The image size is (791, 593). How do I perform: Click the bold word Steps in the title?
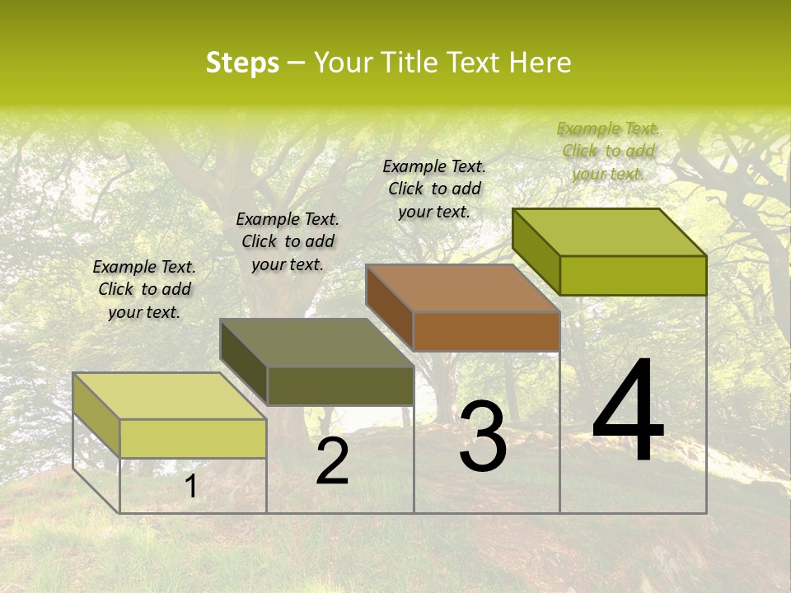242,63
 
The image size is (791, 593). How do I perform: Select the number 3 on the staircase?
483,437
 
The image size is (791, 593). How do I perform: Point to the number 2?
333,462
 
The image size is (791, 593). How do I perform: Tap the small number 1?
191,487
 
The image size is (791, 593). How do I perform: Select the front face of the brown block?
486,331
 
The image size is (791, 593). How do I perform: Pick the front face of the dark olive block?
340,385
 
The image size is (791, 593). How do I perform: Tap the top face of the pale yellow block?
170,396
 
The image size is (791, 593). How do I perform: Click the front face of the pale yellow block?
193,438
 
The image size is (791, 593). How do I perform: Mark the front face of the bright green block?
633,275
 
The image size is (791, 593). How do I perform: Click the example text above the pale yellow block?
144,290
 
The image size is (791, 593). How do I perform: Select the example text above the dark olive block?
288,241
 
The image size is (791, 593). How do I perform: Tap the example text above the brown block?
434,189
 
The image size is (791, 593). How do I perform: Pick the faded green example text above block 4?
608,151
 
